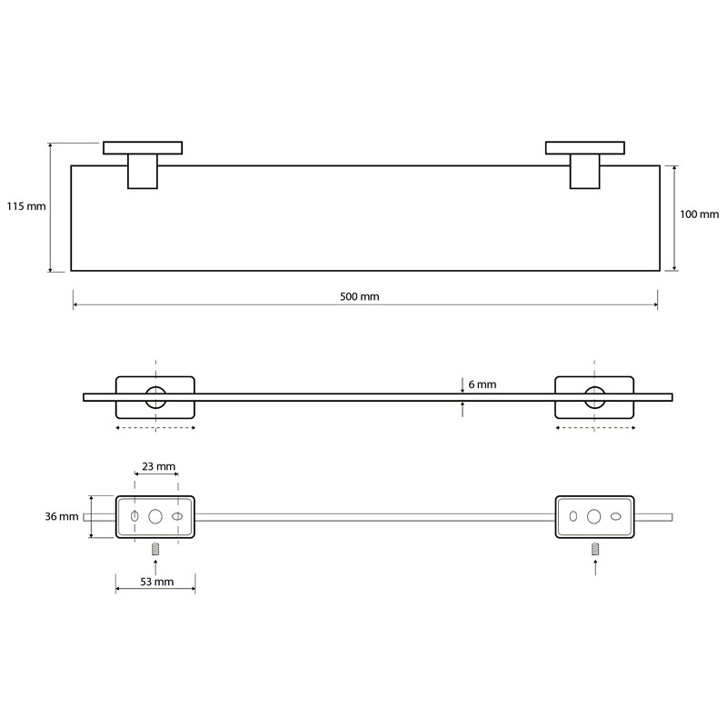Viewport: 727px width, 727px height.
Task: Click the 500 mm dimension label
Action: pos(359,297)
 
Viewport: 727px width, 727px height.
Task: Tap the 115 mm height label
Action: pos(26,206)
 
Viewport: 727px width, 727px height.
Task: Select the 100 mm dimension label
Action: pos(699,214)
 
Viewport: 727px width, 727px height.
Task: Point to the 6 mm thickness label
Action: pos(483,384)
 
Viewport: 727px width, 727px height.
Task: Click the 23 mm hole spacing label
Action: pos(158,466)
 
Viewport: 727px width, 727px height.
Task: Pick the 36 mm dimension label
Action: pos(62,516)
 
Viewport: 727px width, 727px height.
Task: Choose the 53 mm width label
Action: pos(157,582)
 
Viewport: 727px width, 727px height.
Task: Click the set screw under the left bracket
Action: pos(155,550)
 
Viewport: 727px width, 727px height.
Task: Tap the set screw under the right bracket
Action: pos(595,550)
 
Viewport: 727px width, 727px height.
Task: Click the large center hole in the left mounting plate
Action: pos(155,516)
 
